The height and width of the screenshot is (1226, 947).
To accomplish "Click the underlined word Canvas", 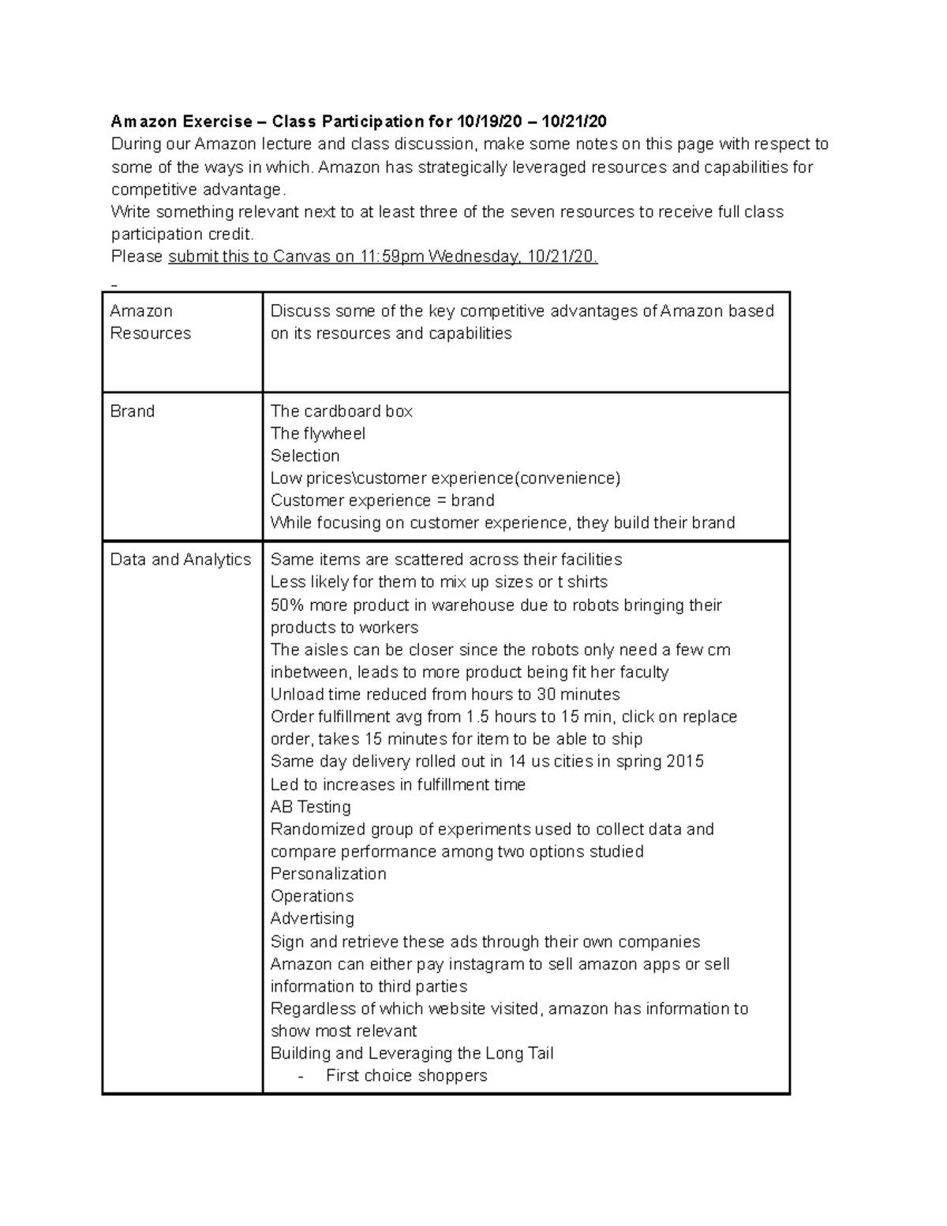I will [x=301, y=257].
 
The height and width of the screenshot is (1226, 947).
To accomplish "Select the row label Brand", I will [x=133, y=411].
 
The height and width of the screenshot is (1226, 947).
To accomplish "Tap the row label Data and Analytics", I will [x=181, y=560].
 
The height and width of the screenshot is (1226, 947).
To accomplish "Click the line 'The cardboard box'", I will [x=341, y=411].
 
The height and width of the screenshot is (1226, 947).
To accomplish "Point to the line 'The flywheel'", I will [x=317, y=433].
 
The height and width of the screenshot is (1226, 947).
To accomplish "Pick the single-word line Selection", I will [x=305, y=456].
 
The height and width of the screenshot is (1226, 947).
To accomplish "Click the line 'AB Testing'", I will [x=310, y=807].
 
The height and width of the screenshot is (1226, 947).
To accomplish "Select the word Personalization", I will [x=328, y=874].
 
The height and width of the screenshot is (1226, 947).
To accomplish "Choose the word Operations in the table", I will [x=312, y=896].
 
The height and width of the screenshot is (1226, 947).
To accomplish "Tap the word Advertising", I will [x=312, y=918].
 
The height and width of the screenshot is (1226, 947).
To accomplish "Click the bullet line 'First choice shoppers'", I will [x=406, y=1075].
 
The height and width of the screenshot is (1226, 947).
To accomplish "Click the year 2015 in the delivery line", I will [x=684, y=761].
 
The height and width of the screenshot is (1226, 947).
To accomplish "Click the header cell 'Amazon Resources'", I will [x=150, y=322].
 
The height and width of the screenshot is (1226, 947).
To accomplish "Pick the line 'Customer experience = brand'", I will [x=382, y=501].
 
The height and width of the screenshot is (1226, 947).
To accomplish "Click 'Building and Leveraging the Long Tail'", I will [x=411, y=1053].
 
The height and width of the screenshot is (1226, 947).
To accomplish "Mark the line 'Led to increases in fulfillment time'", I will [x=398, y=785].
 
